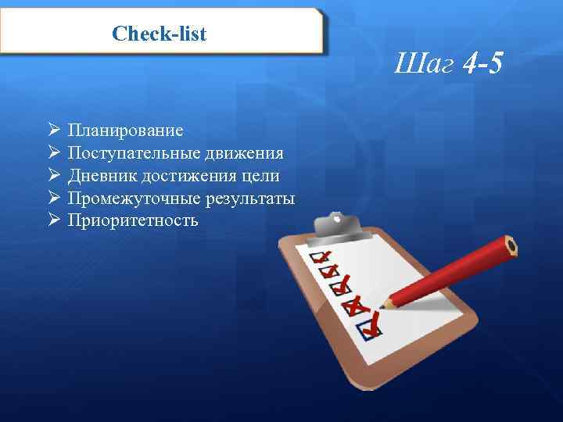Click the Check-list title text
pos(160,33)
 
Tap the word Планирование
pos(125,130)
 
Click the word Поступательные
pos(134,152)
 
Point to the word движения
pos(245,152)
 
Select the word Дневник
pos(102,175)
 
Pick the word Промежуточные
pos(134,198)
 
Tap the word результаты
pos(251,198)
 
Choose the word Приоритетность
pos(133,220)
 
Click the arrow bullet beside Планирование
pos(53,129)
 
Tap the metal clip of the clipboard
pos(337,226)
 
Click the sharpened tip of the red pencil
pos(384,304)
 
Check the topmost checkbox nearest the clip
pos(319,257)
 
